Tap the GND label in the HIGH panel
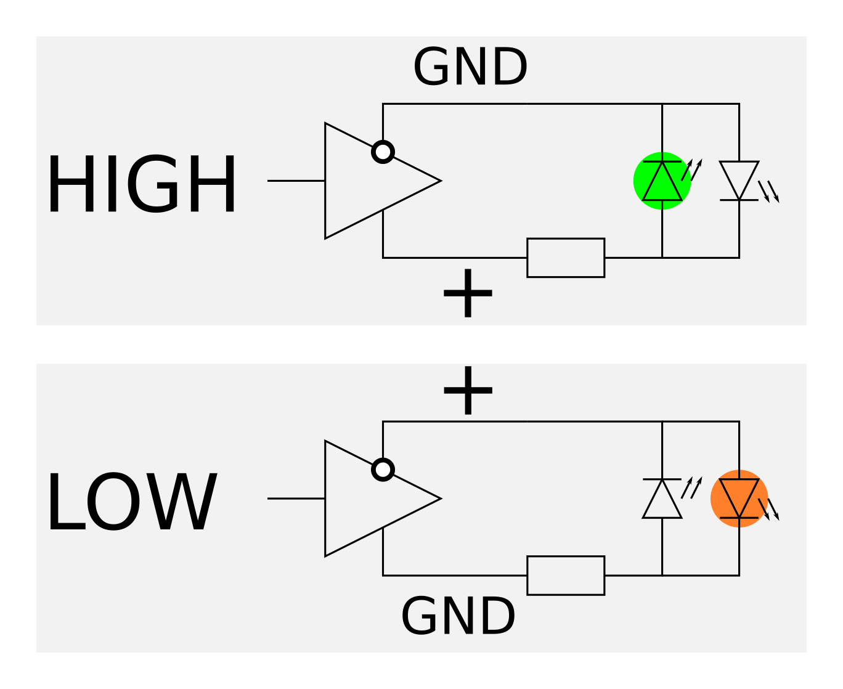point(470,67)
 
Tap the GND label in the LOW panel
point(458,616)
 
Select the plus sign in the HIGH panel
point(468,294)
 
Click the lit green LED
point(662,181)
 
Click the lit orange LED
point(739,499)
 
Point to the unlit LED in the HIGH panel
point(739,181)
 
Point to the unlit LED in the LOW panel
point(662,499)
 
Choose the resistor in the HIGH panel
point(566,258)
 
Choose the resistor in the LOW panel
point(566,576)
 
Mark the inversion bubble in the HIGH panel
point(383,152)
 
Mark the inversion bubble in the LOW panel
point(383,470)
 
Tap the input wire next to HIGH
point(296,181)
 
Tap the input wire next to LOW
point(296,499)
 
